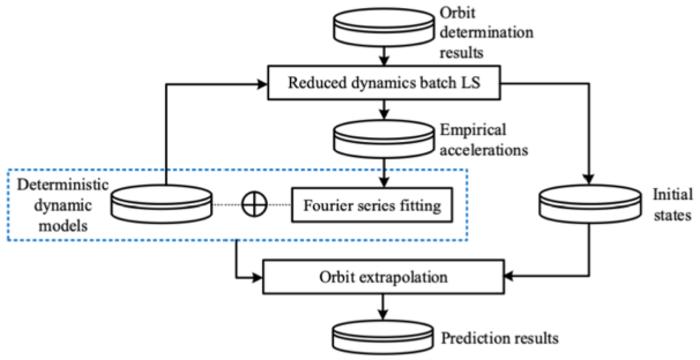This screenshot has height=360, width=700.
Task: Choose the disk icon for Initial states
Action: (x=586, y=206)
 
